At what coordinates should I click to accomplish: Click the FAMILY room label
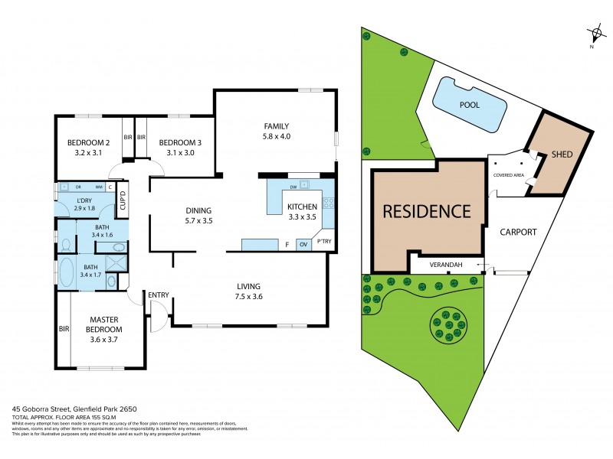point(277,126)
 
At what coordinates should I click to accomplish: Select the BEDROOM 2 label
point(89,143)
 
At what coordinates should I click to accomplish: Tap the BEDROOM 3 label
point(180,143)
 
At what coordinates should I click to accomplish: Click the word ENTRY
point(159,295)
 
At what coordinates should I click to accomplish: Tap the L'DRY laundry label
point(84,200)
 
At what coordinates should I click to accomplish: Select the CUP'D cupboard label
point(122,200)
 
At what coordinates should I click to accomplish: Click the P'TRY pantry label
point(325,243)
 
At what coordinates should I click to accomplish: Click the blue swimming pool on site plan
point(470,106)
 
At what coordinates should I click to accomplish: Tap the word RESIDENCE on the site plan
point(426,210)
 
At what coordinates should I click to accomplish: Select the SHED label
point(562,155)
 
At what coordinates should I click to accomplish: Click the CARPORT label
point(518,232)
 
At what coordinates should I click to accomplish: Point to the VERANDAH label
point(445,265)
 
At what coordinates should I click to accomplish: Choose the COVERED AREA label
point(508,174)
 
